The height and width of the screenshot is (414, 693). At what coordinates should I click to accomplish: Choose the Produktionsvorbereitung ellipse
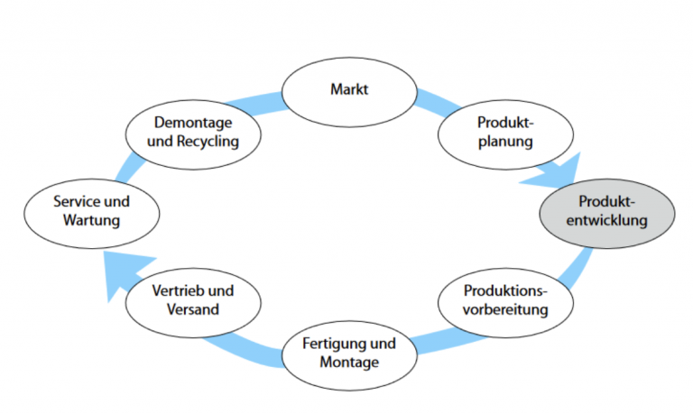pos(505,302)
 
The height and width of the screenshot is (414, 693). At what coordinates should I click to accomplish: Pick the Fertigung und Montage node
pos(347,354)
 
